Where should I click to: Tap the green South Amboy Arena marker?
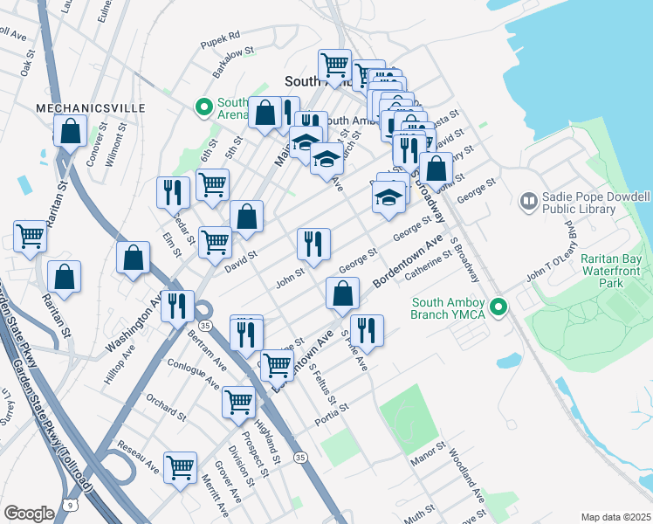204,108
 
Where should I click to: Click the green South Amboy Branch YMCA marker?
498,307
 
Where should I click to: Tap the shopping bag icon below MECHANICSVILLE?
70,132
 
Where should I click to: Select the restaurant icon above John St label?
313,244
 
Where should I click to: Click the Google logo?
29,514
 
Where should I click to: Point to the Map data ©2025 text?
615,517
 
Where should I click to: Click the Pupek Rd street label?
221,37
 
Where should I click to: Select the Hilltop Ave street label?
120,364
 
